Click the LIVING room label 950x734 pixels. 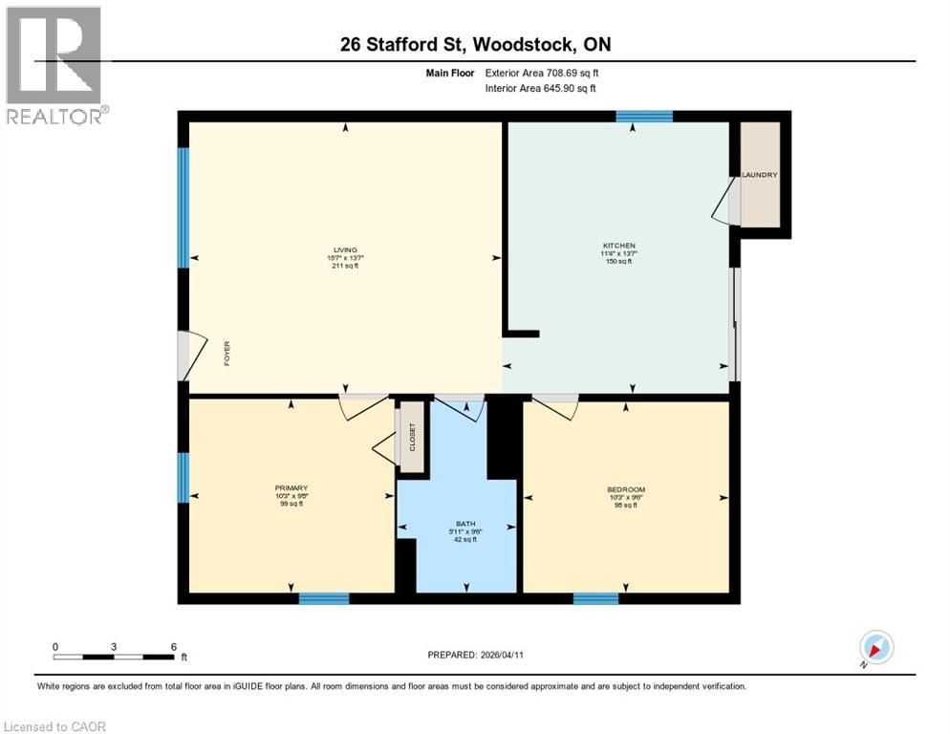click(345, 249)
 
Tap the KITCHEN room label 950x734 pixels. click(619, 246)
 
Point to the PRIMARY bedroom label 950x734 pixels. click(291, 488)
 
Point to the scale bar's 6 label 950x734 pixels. click(173, 646)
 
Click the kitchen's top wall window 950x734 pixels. click(643, 117)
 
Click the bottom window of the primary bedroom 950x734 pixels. click(323, 599)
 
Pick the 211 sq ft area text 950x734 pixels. click(345, 266)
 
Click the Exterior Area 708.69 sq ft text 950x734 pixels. click(542, 73)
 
